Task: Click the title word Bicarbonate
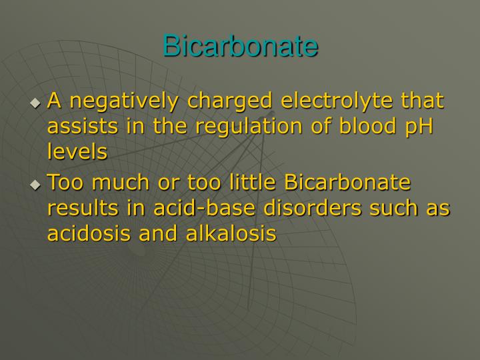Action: [x=240, y=46]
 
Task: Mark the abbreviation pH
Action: [x=419, y=127]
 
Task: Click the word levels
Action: [x=77, y=151]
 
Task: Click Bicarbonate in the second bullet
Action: [x=347, y=183]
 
